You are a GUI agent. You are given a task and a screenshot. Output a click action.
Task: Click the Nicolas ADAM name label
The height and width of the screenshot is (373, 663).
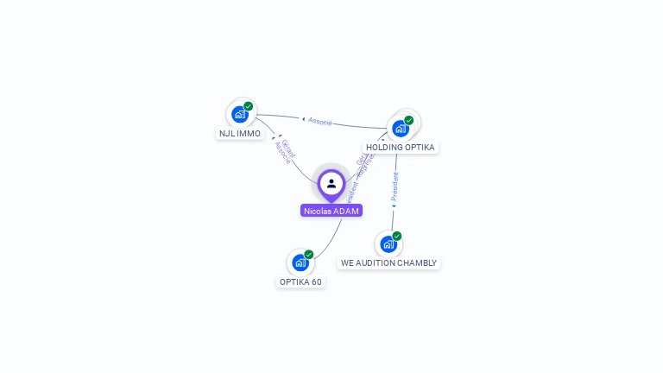coord(331,211)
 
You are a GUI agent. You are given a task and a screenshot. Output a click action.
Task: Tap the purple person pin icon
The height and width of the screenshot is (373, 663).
coord(331,184)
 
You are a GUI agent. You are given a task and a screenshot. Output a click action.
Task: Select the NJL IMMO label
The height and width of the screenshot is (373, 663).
coord(240,134)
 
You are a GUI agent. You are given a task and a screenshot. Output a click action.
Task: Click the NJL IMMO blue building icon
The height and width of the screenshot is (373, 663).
coord(240,114)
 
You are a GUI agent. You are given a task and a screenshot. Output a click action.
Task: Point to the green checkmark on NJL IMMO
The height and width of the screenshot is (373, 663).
coord(249,106)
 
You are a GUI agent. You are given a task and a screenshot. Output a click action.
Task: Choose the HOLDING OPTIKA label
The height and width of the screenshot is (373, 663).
coord(401,148)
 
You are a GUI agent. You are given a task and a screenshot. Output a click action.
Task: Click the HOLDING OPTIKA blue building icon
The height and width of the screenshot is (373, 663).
coord(401,129)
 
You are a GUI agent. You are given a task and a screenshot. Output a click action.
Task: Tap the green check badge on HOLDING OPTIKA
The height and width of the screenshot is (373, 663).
coord(409,120)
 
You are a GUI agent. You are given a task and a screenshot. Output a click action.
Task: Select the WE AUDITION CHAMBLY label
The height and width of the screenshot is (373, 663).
coord(388,263)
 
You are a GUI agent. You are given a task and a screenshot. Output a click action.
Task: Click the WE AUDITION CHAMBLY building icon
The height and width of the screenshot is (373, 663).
coord(388,244)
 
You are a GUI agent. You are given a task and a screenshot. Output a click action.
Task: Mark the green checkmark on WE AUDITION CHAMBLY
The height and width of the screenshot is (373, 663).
coord(397,236)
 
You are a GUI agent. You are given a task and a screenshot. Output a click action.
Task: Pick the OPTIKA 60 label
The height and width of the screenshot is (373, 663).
coord(300,282)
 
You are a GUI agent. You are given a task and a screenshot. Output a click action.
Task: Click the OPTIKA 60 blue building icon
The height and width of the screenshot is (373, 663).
coord(300,262)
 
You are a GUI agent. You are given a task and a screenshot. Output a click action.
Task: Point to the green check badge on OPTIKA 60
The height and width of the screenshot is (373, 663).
coord(309,255)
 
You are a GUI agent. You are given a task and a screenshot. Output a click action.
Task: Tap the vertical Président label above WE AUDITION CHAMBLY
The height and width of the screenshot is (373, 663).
coord(395,187)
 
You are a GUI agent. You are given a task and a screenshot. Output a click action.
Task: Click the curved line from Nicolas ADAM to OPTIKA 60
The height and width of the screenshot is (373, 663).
coord(331,241)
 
